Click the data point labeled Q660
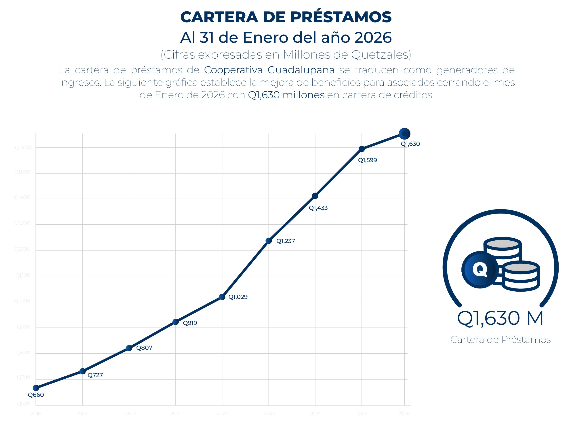[x=36, y=388]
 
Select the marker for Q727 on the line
[x=82, y=371]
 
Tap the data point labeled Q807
[x=129, y=348]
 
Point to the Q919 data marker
[x=176, y=322]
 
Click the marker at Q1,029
[x=222, y=297]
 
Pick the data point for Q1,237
[x=269, y=241]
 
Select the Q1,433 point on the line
[x=315, y=196]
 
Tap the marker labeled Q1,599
[x=362, y=149]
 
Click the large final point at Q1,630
[x=404, y=134]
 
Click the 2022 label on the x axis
[x=222, y=413]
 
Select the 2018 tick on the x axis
[x=36, y=413]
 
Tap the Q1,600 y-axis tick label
[x=23, y=148]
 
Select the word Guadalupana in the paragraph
[x=301, y=70]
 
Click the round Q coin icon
[x=480, y=270]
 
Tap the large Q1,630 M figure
[x=500, y=318]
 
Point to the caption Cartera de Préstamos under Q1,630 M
[x=500, y=340]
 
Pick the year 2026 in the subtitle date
[x=373, y=38]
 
